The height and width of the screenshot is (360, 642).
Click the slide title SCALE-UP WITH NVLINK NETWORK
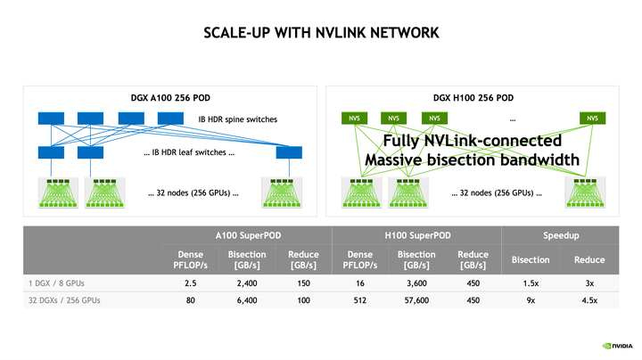(x=321, y=33)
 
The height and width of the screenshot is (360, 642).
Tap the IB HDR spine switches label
(x=236, y=119)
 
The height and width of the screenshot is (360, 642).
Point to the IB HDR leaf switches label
(x=187, y=152)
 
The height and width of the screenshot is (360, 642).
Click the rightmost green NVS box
(x=591, y=119)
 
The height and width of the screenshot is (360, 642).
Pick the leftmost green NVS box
(x=354, y=119)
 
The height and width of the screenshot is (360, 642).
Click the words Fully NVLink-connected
(x=472, y=141)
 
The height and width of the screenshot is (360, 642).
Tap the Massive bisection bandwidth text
(x=472, y=160)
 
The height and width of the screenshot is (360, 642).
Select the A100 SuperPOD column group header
(x=247, y=236)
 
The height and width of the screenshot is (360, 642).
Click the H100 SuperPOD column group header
(x=416, y=236)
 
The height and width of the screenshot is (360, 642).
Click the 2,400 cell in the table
(x=247, y=283)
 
